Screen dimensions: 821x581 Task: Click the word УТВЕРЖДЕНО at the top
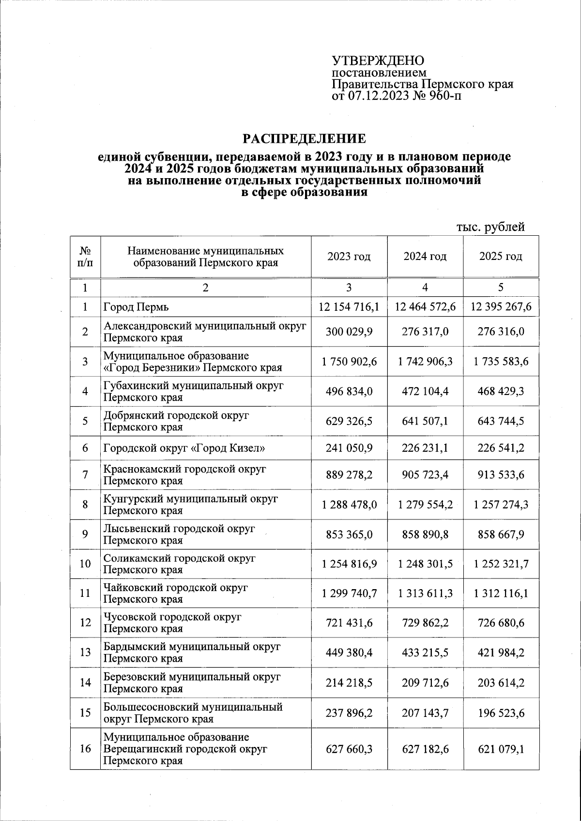[378, 61]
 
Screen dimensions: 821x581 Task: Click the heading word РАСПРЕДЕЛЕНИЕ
[304, 139]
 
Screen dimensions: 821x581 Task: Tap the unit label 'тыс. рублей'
[491, 227]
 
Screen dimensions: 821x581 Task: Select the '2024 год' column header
[425, 257]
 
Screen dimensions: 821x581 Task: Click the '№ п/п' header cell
[85, 257]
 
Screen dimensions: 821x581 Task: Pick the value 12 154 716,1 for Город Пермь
[349, 307]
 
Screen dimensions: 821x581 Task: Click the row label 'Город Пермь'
[136, 307]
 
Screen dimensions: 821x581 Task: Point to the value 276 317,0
[425, 332]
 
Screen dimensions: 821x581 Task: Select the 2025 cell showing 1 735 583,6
[501, 362]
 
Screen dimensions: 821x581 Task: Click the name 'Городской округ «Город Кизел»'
[184, 448]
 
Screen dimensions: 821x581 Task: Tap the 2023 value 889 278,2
[349, 475]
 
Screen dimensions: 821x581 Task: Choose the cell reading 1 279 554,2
[425, 504]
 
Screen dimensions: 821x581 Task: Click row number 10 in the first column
[85, 563]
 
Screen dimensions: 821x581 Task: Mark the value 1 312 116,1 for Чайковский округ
[501, 593]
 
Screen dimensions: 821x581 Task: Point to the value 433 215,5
[425, 653]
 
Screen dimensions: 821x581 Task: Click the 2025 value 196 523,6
[501, 713]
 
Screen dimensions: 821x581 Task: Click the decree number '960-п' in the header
[446, 96]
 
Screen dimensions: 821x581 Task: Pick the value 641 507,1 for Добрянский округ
[425, 421]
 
